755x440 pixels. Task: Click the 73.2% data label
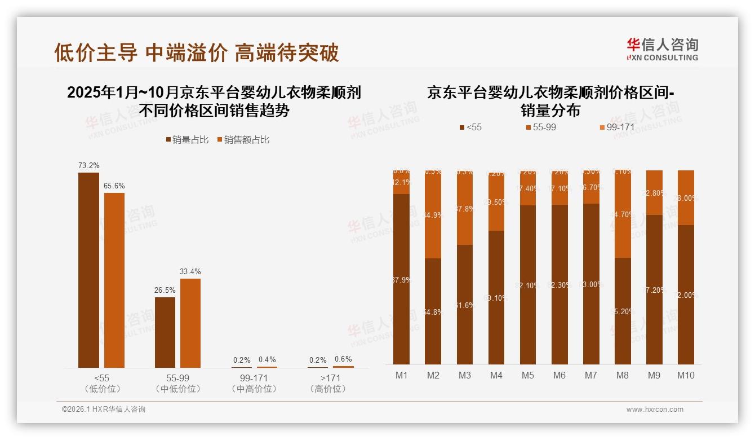click(x=88, y=166)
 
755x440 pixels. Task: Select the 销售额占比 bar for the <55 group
click(x=114, y=280)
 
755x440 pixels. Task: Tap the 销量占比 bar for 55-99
click(x=165, y=332)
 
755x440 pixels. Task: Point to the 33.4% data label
click(x=190, y=272)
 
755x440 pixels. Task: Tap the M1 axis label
click(x=401, y=376)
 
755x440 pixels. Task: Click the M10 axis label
click(x=685, y=376)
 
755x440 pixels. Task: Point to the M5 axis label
click(x=527, y=376)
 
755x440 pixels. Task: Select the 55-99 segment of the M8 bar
click(x=623, y=214)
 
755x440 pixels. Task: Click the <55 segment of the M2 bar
click(x=433, y=311)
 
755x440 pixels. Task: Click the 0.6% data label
click(x=343, y=359)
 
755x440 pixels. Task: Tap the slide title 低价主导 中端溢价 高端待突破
click(x=197, y=53)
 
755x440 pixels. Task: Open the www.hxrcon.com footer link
click(x=655, y=410)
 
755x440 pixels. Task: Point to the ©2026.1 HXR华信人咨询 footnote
click(x=104, y=410)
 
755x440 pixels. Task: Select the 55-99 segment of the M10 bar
click(x=685, y=197)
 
